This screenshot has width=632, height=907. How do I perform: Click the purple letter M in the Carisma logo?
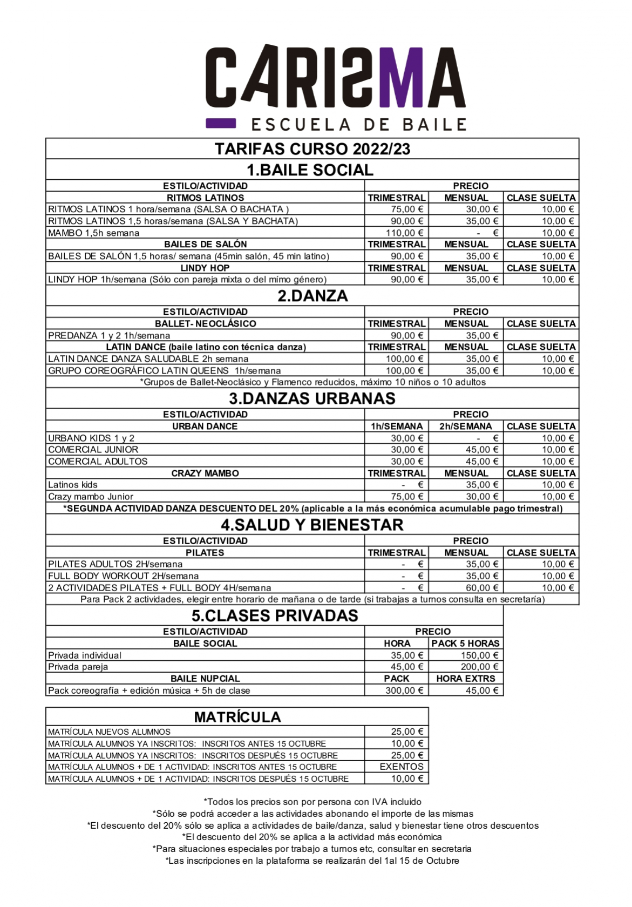[402, 77]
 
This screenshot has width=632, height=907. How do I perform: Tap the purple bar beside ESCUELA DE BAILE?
[221, 123]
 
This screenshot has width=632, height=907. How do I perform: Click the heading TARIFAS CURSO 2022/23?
[312, 148]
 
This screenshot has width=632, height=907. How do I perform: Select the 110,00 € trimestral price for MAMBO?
[404, 233]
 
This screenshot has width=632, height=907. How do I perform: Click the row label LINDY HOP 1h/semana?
[187, 280]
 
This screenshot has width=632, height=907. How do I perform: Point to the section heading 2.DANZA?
[312, 296]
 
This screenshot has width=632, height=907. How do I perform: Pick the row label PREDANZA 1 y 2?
[109, 335]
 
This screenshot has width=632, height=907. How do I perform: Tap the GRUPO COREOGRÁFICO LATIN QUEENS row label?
[164, 370]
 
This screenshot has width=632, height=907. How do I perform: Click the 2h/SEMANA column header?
[466, 426]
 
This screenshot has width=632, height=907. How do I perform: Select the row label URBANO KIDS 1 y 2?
[91, 438]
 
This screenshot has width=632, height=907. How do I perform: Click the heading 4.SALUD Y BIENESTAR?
[312, 525]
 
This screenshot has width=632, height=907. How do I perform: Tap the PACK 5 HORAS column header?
[465, 643]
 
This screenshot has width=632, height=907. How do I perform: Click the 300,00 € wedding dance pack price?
[404, 690]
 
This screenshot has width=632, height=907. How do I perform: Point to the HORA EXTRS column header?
[465, 678]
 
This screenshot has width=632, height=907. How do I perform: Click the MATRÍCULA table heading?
[237, 717]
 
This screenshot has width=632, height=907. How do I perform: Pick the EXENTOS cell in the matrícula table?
[402, 766]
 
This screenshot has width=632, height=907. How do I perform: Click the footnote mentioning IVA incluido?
[312, 802]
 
